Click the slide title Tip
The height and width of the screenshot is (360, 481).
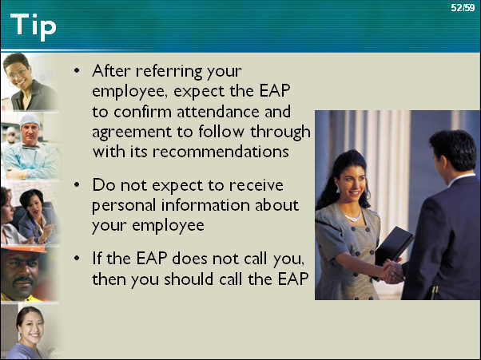(x=33, y=26)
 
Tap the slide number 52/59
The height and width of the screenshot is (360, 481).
(x=463, y=8)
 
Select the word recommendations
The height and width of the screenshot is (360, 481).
(x=221, y=152)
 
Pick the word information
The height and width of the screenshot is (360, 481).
(x=205, y=205)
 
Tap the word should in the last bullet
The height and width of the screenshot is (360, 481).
(x=189, y=279)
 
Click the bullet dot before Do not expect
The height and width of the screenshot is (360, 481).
(x=77, y=184)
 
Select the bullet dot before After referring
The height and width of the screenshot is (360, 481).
(x=77, y=70)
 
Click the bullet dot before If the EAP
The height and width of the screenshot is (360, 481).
(x=77, y=258)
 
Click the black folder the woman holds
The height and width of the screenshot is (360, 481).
(x=394, y=246)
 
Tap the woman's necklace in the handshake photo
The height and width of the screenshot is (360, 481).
(x=352, y=217)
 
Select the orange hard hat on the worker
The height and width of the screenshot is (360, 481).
(x=23, y=249)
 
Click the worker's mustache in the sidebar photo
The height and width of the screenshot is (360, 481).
(x=23, y=279)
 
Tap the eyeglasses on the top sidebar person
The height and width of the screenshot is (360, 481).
(x=16, y=73)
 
